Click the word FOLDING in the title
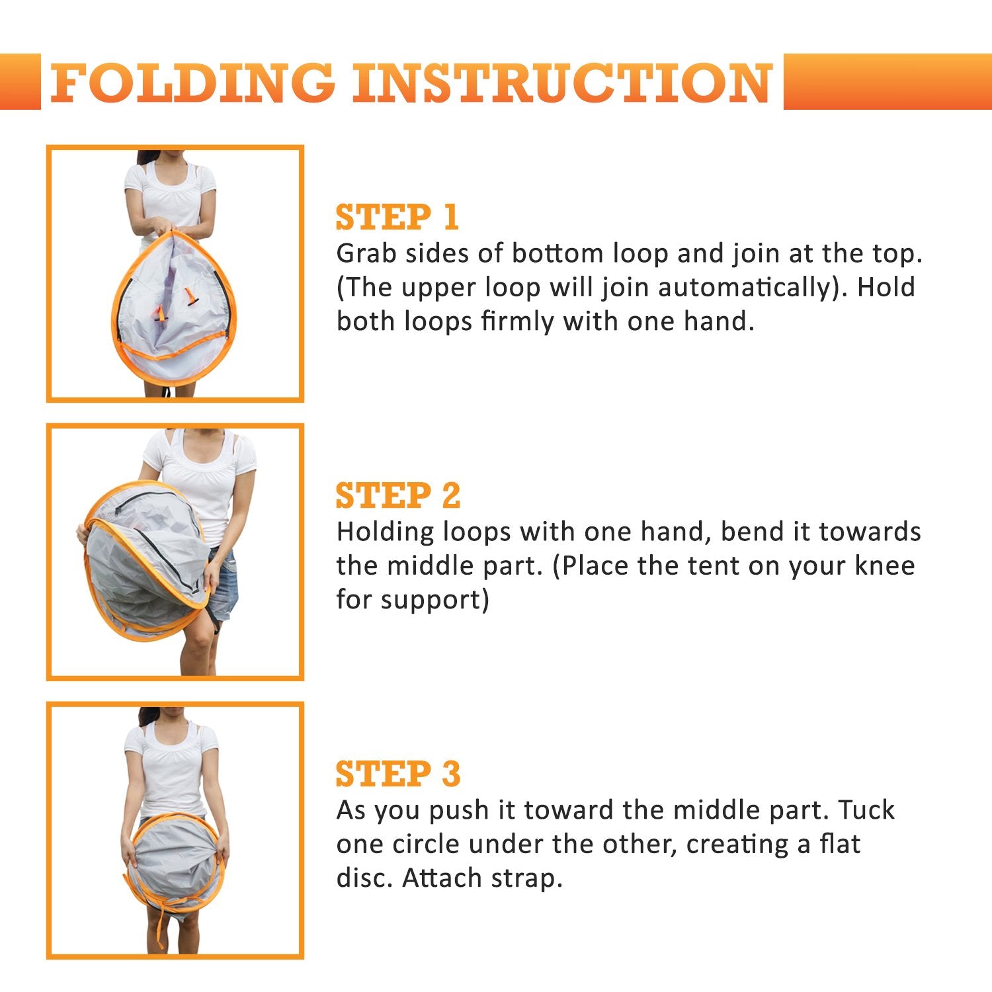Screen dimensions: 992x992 pyautogui.click(x=192, y=83)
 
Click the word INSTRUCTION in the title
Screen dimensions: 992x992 pyautogui.click(x=563, y=83)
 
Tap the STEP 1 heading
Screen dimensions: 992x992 pyautogui.click(x=397, y=218)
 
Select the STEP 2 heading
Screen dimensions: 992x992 pyautogui.click(x=398, y=496)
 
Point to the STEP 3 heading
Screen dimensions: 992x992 pyautogui.click(x=398, y=774)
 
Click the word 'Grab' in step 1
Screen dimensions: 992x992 pyautogui.click(x=366, y=253)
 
